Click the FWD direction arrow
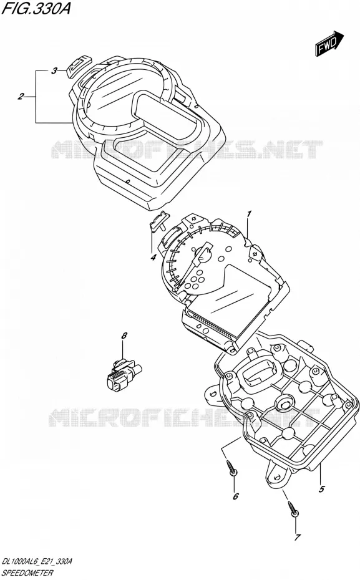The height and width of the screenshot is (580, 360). (329, 44)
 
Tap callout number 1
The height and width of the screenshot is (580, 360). (250, 215)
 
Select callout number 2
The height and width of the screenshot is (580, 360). (21, 97)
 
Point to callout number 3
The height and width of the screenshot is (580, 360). (54, 70)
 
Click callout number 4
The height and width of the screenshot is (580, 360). (153, 258)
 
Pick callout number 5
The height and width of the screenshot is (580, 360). (321, 489)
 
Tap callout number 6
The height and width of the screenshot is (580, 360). (236, 496)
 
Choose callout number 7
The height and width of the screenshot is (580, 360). (297, 537)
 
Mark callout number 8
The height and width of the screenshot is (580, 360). (124, 336)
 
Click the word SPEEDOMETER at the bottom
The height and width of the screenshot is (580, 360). (27, 573)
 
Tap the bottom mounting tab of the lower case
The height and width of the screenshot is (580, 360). (276, 474)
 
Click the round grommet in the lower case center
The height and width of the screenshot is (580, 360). (284, 404)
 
